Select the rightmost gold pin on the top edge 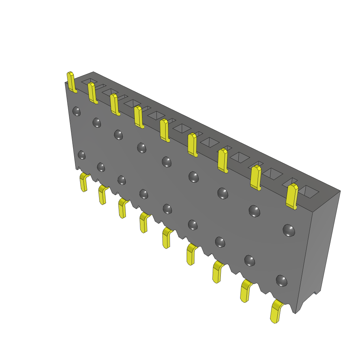point(292,196)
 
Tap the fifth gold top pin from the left point(164,130)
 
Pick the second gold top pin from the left point(92,93)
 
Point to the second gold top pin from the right point(256,178)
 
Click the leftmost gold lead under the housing point(84,182)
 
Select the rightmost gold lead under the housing point(276,311)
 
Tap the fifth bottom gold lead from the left point(166,238)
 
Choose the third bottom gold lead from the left point(122,208)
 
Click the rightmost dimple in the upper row point(289,230)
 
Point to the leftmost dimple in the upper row point(76,111)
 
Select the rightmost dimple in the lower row point(281,281)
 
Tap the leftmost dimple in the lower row point(82,155)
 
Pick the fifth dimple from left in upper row point(167,162)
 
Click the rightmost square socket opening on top point(310,191)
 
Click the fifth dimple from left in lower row point(167,209)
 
